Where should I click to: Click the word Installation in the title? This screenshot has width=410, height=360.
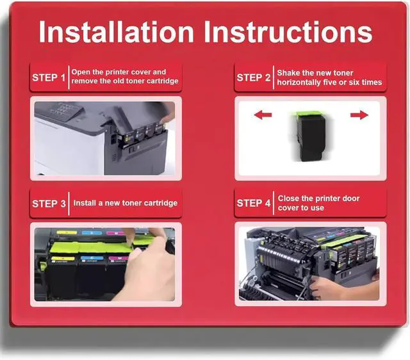[x=117, y=31]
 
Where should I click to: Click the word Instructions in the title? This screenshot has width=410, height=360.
[x=288, y=31]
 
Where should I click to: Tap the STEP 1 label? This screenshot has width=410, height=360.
[x=49, y=78]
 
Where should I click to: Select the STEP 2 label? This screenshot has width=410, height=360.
[x=254, y=78]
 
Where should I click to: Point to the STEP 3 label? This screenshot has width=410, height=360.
[x=49, y=204]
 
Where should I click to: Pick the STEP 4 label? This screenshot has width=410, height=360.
[x=254, y=203]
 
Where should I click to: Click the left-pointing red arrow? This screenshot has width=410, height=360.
[x=263, y=115]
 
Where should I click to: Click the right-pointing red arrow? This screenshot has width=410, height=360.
[x=359, y=115]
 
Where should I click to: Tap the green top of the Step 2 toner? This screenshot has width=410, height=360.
[x=309, y=115]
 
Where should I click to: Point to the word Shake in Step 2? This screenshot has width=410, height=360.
[x=288, y=72]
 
